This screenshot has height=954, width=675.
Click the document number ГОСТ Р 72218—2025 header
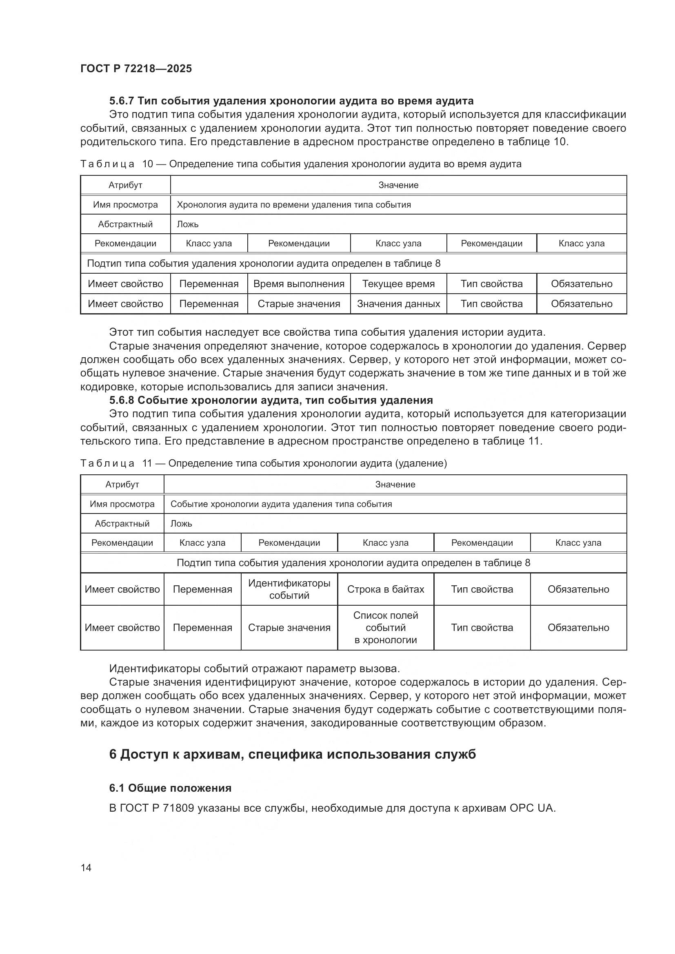click(x=136, y=69)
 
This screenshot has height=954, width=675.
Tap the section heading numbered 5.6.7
click(x=291, y=101)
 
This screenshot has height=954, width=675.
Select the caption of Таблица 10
click(x=300, y=164)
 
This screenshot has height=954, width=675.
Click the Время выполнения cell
click(x=298, y=284)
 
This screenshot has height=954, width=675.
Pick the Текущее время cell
click(x=398, y=284)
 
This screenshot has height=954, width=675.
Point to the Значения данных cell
click(x=398, y=304)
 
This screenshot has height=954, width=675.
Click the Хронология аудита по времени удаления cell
click(x=293, y=205)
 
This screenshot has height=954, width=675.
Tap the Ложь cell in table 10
click(x=188, y=224)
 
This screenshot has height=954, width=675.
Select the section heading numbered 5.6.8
click(x=271, y=400)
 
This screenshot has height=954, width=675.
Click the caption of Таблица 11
click(x=264, y=463)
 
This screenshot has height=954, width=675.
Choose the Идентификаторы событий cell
click(x=289, y=589)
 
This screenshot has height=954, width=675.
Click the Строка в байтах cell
click(x=385, y=589)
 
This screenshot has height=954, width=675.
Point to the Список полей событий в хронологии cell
click(x=385, y=627)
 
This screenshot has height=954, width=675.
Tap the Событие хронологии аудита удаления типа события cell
click(x=281, y=504)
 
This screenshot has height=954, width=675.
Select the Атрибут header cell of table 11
click(x=122, y=485)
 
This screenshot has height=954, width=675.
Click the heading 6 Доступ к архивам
click(x=292, y=754)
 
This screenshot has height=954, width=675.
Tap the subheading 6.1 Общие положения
click(x=170, y=788)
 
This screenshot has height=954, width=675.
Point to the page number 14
click(x=86, y=868)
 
